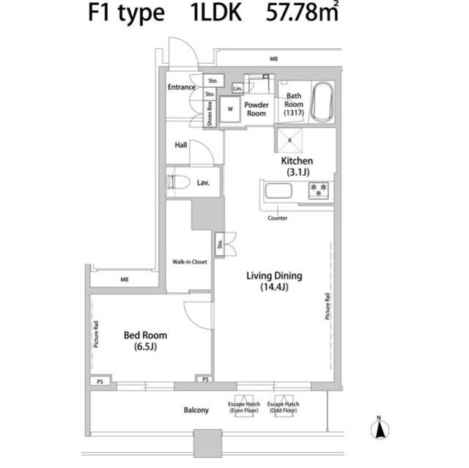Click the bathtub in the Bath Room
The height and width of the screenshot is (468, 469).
(322, 103)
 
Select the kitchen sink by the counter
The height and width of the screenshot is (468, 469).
(278, 192)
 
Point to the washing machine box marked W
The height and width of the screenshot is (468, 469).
(230, 109)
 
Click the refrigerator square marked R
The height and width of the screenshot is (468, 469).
(290, 139)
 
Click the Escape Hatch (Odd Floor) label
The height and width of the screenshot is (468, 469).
(283, 408)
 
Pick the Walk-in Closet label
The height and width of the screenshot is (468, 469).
(190, 261)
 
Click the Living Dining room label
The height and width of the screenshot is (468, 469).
(274, 281)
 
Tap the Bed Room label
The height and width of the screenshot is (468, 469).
(145, 340)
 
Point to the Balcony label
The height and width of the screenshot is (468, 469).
(196, 410)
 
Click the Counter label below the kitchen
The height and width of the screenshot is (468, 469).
(278, 218)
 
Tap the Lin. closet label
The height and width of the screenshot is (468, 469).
(237, 89)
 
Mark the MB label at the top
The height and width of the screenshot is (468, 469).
(273, 58)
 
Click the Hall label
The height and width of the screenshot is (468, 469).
(181, 144)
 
